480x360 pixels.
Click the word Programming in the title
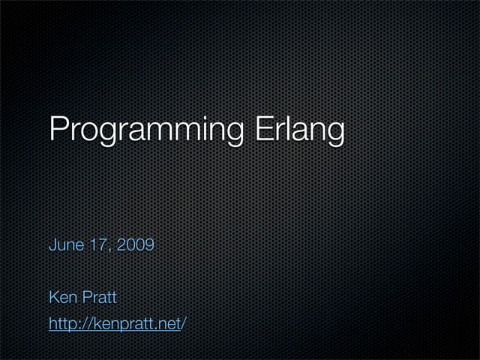click(x=145, y=129)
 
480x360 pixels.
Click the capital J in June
click(x=52, y=244)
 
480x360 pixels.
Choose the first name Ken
click(x=62, y=298)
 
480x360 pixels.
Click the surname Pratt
click(x=98, y=298)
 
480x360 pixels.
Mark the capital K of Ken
click(x=53, y=298)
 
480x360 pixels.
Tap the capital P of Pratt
click(x=85, y=298)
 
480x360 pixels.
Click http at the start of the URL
click(x=61, y=325)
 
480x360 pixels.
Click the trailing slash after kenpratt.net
click(x=183, y=325)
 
